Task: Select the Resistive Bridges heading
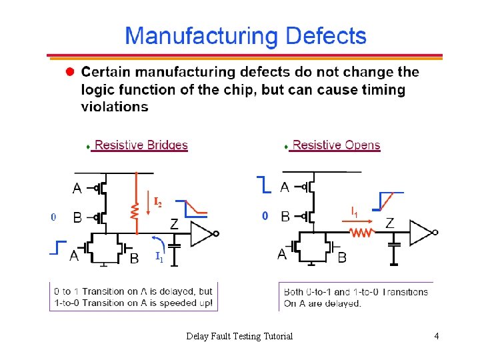click(141, 145)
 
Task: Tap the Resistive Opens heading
click(336, 145)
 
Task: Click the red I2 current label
click(157, 201)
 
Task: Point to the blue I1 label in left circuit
click(159, 255)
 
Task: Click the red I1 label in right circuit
click(355, 212)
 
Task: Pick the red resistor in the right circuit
click(362, 232)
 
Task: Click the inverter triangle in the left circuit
click(201, 233)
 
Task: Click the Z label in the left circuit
click(173, 224)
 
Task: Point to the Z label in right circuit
click(389, 223)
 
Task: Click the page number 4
click(436, 336)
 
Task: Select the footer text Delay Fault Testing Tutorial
click(239, 336)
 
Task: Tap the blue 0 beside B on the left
click(53, 217)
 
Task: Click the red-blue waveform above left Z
click(195, 207)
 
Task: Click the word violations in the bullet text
click(115, 107)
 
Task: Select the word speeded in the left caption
click(177, 303)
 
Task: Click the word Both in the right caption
click(295, 292)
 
